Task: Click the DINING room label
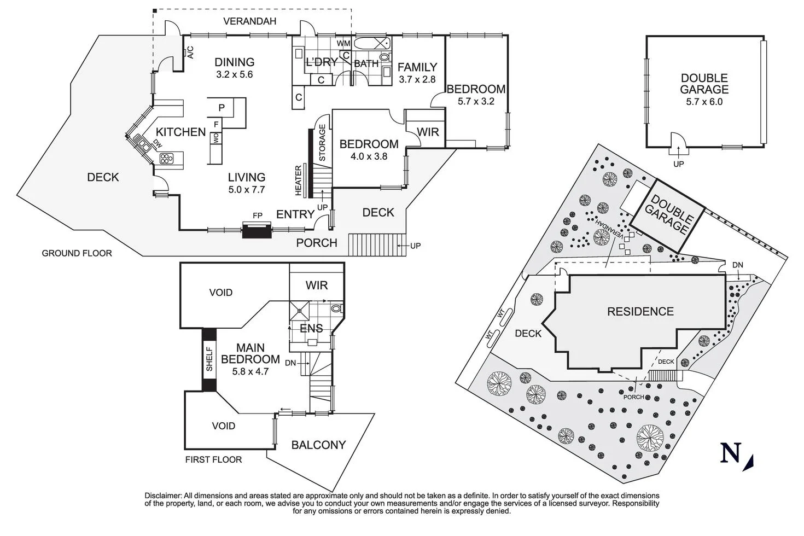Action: [x=234, y=62]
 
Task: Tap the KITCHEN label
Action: [x=180, y=132]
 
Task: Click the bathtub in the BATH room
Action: [x=371, y=44]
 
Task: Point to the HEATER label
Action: [x=299, y=180]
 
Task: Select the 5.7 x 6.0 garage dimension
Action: [x=704, y=102]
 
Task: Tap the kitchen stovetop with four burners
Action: [x=166, y=159]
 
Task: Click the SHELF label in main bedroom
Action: [x=209, y=359]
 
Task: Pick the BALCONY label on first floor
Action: [x=318, y=445]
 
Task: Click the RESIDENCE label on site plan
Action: [x=640, y=312]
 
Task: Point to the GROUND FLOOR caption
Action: [x=77, y=253]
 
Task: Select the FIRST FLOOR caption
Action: [x=213, y=459]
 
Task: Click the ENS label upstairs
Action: [x=311, y=329]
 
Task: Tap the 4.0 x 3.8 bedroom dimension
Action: [x=369, y=156]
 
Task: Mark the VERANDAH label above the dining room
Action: [x=250, y=22]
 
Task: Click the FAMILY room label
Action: [x=417, y=67]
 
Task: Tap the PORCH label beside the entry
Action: [x=317, y=243]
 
